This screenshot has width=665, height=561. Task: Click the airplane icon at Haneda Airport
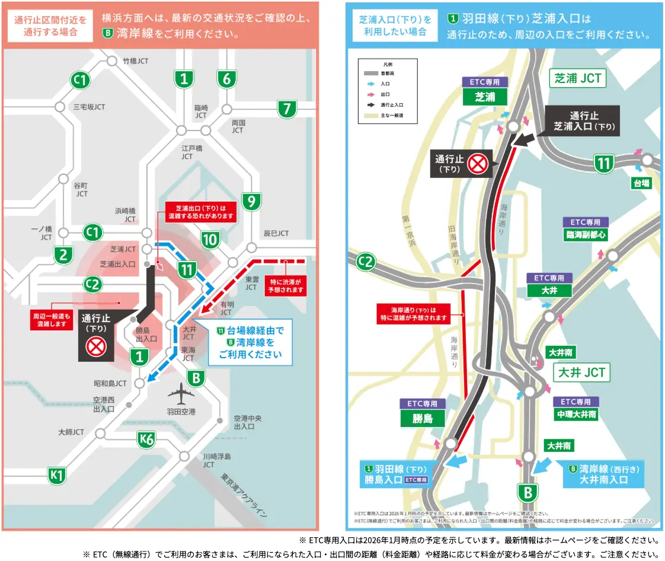pos(181,393)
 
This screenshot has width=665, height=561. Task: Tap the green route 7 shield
pos(287,109)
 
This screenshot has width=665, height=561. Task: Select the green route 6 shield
pos(226,78)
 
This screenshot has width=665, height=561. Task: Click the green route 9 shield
pos(251,202)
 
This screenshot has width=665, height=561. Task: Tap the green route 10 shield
pos(210,240)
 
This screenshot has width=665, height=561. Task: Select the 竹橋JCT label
pos(135,60)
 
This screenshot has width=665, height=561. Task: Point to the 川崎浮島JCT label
pos(216,460)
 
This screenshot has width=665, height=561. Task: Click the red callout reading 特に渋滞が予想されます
pos(286,286)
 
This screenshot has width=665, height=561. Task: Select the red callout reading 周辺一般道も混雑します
pos(52,320)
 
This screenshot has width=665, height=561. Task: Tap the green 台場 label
pos(641,183)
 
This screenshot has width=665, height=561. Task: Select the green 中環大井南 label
pos(576,414)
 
